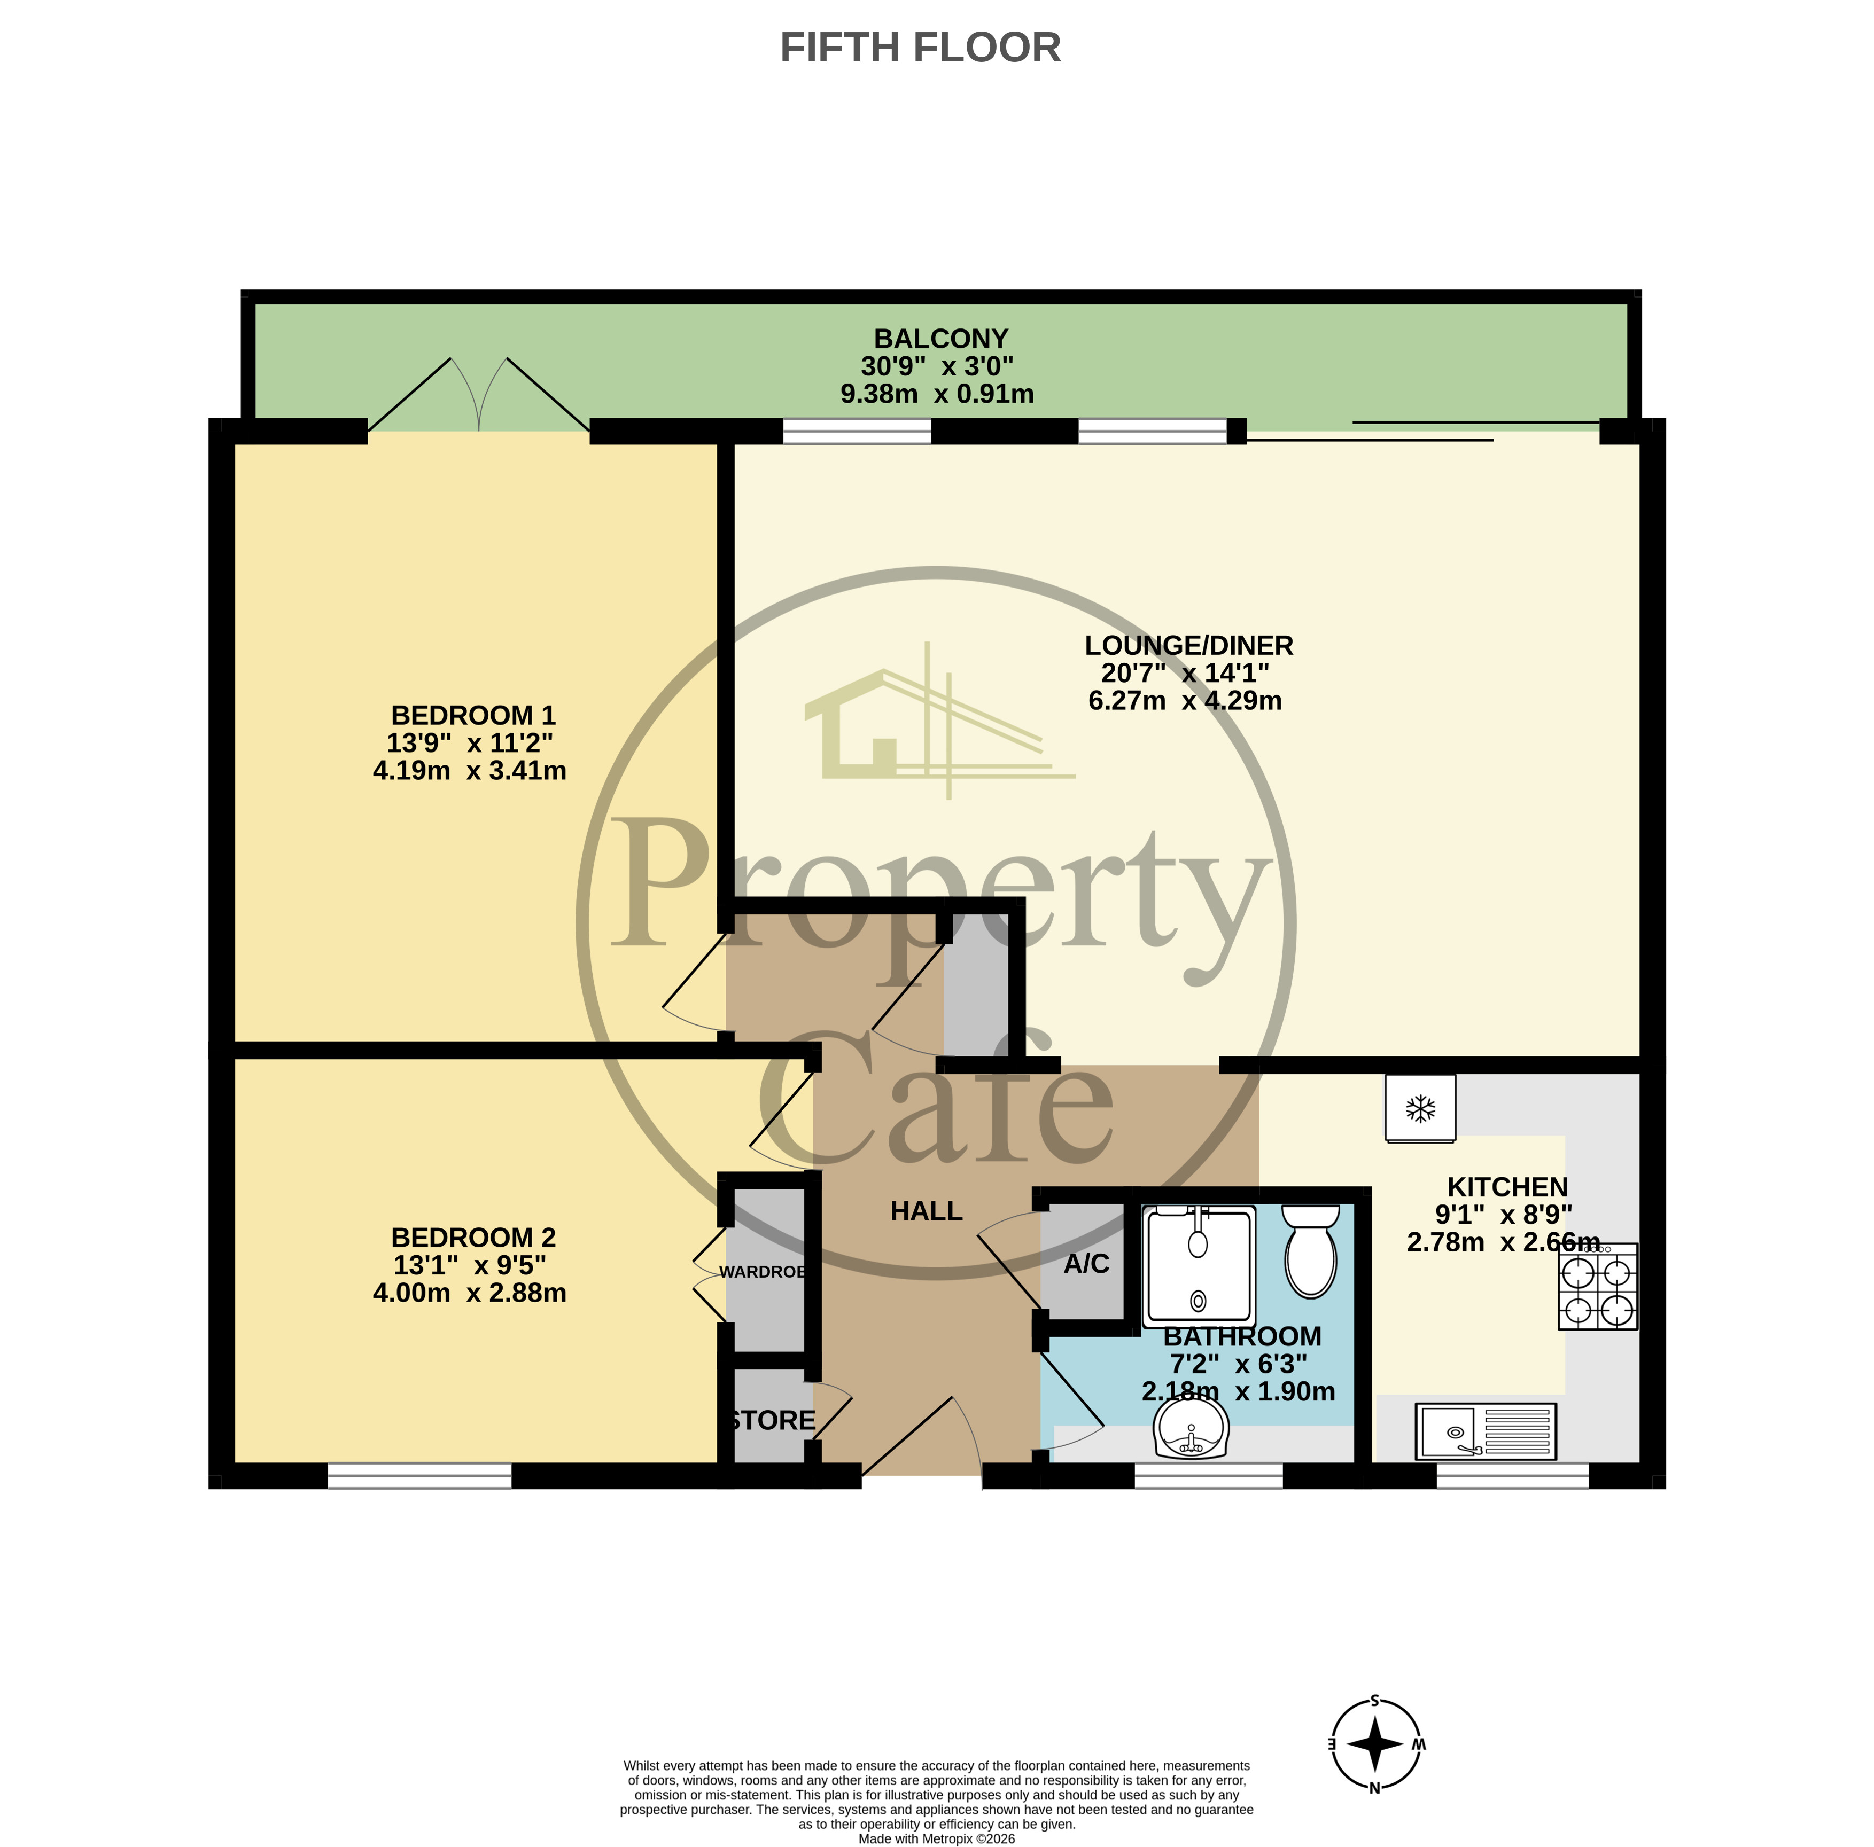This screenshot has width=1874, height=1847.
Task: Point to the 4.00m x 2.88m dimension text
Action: coord(470,1293)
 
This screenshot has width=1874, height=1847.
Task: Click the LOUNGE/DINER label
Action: coord(1188,645)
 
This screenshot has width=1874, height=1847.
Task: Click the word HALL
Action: coord(927,1211)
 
